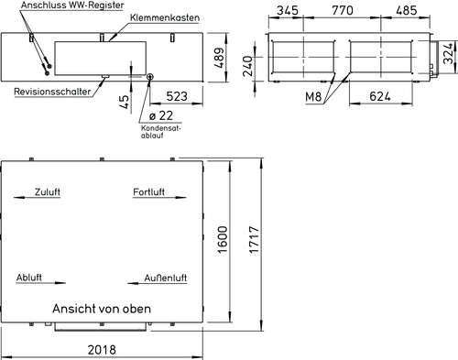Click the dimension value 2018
pyautogui.click(x=102, y=350)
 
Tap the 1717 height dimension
pyautogui.click(x=254, y=239)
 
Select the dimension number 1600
pyautogui.click(x=223, y=239)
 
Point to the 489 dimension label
pyautogui.click(x=219, y=58)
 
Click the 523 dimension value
pyautogui.click(x=177, y=96)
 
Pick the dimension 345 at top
pyautogui.click(x=288, y=10)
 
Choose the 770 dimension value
pyautogui.click(x=343, y=10)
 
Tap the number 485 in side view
pyautogui.click(x=407, y=10)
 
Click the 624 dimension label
pyautogui.click(x=380, y=96)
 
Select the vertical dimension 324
pyautogui.click(x=448, y=54)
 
